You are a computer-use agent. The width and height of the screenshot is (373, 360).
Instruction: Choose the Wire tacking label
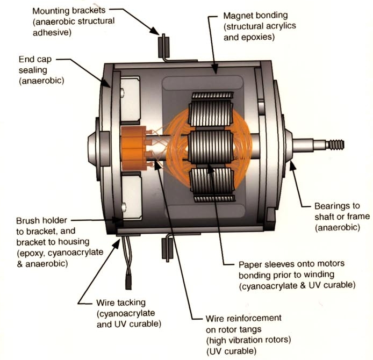click(x=120, y=303)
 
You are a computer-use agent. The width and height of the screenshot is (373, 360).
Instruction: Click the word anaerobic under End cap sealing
click(x=40, y=82)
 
